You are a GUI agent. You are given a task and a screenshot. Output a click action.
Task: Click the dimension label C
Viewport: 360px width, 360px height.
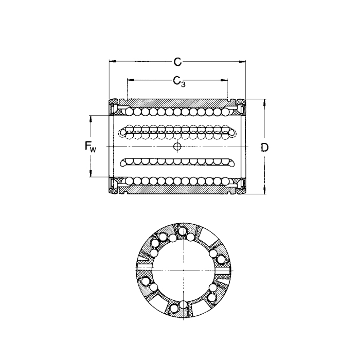pyautogui.click(x=177, y=62)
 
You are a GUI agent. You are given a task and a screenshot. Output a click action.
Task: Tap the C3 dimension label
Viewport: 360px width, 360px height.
pyautogui.click(x=178, y=81)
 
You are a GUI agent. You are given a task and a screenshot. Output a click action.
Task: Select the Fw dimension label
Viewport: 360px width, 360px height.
pyautogui.click(x=91, y=147)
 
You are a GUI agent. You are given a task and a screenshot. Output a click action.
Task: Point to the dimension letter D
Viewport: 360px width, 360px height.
pyautogui.click(x=264, y=148)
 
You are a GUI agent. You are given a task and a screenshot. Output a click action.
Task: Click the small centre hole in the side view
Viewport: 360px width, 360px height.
pyautogui.click(x=177, y=148)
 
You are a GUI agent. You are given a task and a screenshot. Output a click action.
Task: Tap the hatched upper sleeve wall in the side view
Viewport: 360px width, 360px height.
pyautogui.click(x=177, y=102)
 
